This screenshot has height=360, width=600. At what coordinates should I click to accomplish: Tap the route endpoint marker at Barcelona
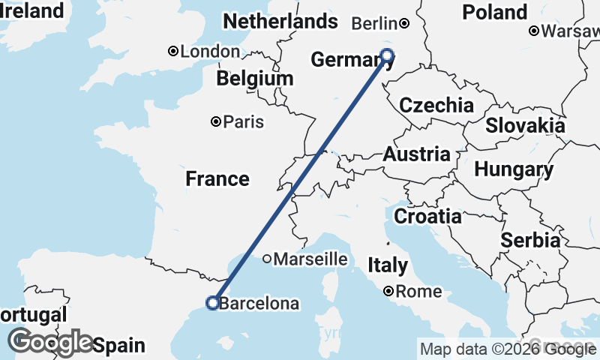(212, 303)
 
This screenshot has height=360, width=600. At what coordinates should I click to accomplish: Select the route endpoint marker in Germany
(387, 54)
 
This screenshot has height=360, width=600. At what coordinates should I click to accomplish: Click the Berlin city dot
(403, 23)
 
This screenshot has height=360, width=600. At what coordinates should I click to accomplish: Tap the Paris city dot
(216, 121)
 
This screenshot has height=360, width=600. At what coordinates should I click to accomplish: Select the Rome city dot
(388, 291)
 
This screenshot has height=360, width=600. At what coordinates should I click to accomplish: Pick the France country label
(217, 178)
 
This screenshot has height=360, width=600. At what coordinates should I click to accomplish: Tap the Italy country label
(388, 265)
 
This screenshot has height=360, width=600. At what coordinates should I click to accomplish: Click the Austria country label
(417, 154)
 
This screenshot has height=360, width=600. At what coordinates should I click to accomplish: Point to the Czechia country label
(436, 105)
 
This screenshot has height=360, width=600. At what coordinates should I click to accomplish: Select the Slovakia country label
(525, 125)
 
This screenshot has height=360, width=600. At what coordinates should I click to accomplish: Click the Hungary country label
(514, 169)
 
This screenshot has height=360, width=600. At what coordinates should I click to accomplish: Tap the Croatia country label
(427, 217)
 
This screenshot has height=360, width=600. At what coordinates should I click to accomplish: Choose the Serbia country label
(530, 241)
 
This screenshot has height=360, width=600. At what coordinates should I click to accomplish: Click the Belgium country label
(255, 78)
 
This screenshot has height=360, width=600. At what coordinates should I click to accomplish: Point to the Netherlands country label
(280, 22)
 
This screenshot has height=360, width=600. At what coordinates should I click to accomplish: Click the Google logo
(50, 342)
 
